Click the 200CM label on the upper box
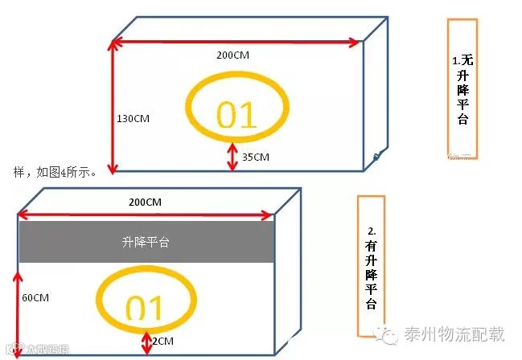click(232, 55)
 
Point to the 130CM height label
click(133, 118)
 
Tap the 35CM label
click(255, 157)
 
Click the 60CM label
click(35, 298)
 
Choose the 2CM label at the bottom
click(162, 342)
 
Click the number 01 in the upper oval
click(236, 115)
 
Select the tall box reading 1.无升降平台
click(462, 84)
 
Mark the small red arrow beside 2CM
click(146, 341)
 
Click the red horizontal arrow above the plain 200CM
click(236, 40)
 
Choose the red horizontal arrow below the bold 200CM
click(146, 215)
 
